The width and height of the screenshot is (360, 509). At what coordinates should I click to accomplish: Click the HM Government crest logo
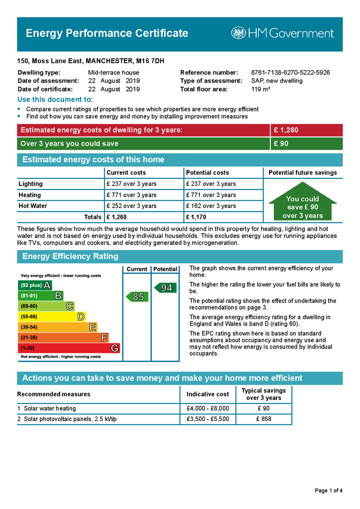coord(239,33)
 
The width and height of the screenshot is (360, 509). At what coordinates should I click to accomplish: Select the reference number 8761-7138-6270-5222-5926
coord(290,73)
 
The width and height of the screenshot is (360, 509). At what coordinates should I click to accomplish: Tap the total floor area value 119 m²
coord(261,89)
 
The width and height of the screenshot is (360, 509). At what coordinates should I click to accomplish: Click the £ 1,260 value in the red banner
coord(286,130)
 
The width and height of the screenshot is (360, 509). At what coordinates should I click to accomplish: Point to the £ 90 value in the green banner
coord(281,144)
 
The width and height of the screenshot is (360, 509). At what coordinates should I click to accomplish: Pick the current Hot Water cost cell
coord(131,206)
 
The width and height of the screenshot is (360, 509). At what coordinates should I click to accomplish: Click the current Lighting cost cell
coord(131,184)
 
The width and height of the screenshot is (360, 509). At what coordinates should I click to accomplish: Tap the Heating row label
coord(30,195)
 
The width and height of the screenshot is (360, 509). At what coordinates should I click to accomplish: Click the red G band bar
coord(69,348)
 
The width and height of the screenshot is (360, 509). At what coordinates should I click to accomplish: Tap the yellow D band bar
coord(52,317)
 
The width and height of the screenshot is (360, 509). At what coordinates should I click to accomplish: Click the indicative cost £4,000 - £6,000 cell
coord(207,409)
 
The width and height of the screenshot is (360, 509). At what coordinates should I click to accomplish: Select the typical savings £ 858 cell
coord(264,419)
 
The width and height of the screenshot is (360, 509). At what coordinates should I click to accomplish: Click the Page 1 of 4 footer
coord(329,491)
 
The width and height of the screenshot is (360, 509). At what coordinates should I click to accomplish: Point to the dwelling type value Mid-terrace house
coord(113,73)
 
